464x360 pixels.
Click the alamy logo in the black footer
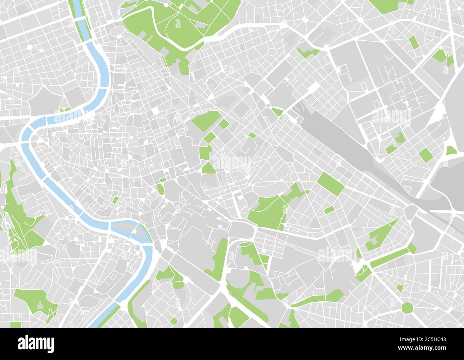(x=36, y=343)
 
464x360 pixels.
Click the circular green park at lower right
(x=407, y=307)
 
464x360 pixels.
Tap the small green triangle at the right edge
(x=451, y=150)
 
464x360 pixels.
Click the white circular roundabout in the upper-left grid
(x=29, y=47)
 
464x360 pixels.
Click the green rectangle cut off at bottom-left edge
(x=16, y=325)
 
